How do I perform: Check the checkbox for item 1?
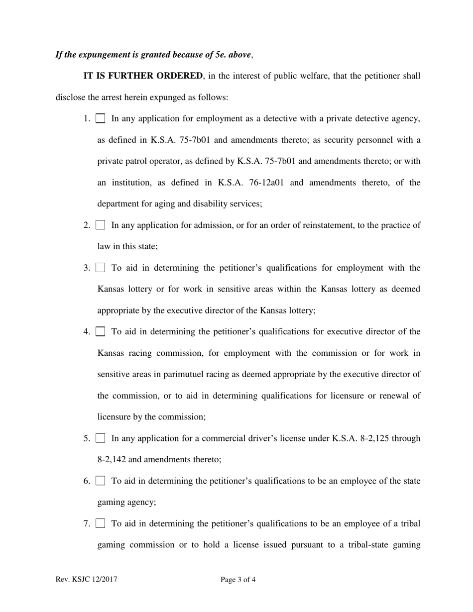[101, 119]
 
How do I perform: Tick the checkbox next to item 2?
[101, 225]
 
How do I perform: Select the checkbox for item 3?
[101, 268]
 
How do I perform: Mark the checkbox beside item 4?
[101, 332]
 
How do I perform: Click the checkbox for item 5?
[101, 438]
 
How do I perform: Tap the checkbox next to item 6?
[101, 481]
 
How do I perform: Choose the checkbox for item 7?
[101, 523]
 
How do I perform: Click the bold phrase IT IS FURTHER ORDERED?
[143, 76]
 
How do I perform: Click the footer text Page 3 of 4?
[238, 580]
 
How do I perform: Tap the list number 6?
[86, 481]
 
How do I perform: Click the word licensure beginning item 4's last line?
[114, 417]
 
